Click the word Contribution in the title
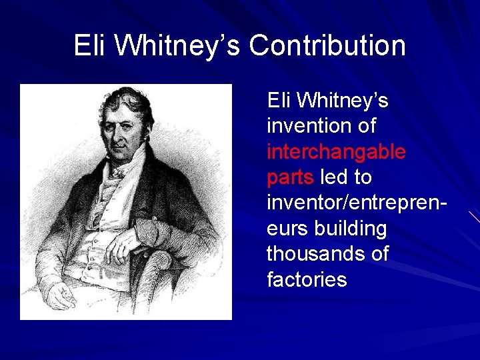click(327, 46)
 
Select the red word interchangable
click(336, 152)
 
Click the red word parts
click(291, 178)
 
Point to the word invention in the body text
click(303, 126)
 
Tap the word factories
click(307, 279)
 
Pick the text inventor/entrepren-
click(357, 203)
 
